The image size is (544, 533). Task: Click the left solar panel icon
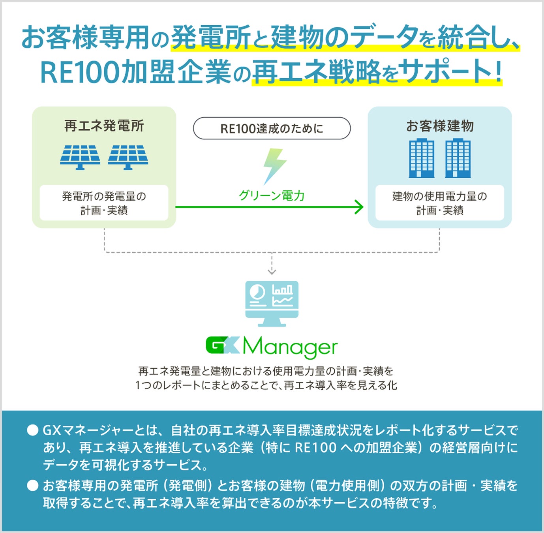pos(80,157)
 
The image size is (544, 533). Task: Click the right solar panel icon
pos(128,157)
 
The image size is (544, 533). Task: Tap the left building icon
pos(422,158)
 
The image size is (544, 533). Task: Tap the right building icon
pos(458,158)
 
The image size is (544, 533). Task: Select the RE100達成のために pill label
pos(272,128)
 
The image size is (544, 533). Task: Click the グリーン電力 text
pos(272,195)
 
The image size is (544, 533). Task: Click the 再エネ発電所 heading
pos(104,126)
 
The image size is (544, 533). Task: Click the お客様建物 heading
pos(440,126)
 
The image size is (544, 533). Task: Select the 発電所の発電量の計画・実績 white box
pos(104,203)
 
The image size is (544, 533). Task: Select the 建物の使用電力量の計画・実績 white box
pos(439,203)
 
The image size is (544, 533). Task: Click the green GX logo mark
pos(223,345)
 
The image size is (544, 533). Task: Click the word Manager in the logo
pos(290,347)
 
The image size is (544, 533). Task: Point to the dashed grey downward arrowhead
pos(272,271)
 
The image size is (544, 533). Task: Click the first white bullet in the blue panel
pos(32,430)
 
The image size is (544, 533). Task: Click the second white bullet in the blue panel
pos(32,485)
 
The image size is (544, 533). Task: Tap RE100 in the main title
pos(80,73)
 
